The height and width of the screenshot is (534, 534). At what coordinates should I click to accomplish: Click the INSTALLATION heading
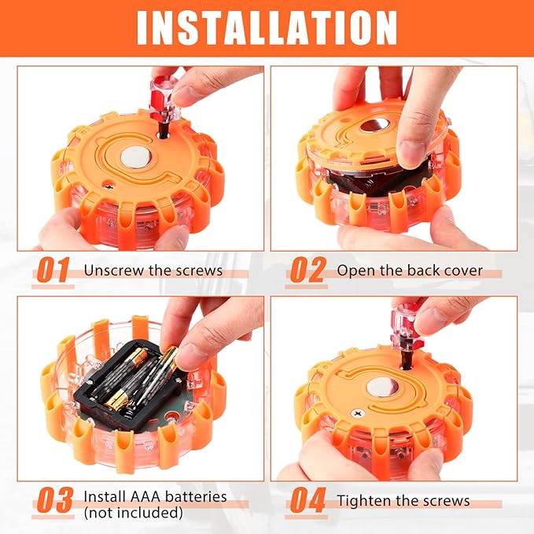point(267,28)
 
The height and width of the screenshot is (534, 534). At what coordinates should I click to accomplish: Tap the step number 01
point(53,270)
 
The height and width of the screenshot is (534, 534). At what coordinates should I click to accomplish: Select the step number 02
point(308,270)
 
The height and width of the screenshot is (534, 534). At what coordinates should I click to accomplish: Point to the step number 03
point(54,499)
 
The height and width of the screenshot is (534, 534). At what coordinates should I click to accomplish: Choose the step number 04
point(308,499)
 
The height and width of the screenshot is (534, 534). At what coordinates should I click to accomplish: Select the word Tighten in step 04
point(363,501)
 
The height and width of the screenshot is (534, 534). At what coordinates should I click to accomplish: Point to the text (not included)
point(133,512)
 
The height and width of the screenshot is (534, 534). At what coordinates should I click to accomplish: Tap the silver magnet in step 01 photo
point(136,157)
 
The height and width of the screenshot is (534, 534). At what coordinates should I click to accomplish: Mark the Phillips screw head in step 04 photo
point(358,414)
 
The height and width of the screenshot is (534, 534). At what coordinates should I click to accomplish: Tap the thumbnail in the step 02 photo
point(412,152)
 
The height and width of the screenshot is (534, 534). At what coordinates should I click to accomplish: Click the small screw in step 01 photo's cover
point(109,186)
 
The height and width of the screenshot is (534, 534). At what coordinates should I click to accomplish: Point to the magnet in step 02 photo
point(374,125)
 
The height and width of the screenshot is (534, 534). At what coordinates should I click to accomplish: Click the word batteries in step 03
point(195,497)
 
